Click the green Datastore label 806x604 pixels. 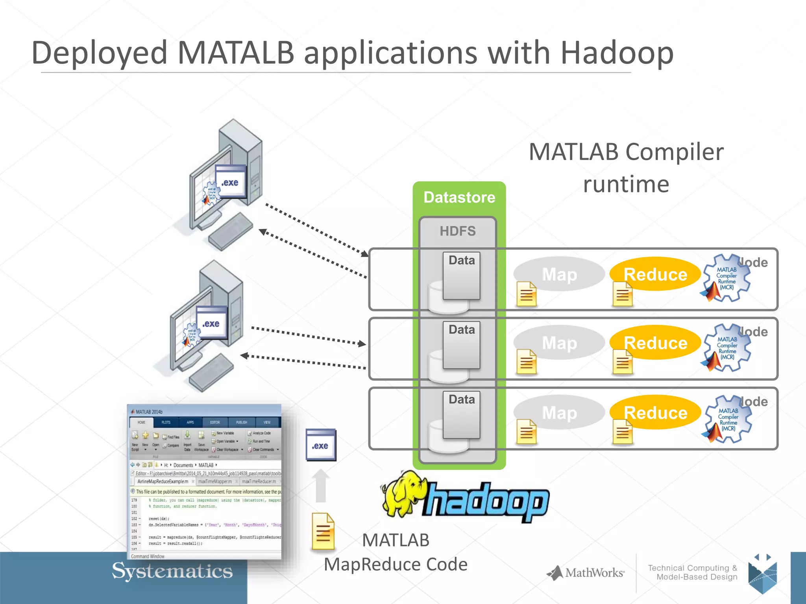pyautogui.click(x=459, y=197)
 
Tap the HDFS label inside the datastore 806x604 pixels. pyautogui.click(x=457, y=231)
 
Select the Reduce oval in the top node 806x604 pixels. pyautogui.click(x=655, y=274)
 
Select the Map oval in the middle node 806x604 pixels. pyautogui.click(x=559, y=343)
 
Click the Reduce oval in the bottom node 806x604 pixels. pyautogui.click(x=655, y=412)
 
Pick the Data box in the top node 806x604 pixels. pyautogui.click(x=461, y=276)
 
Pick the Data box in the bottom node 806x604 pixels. pyautogui.click(x=461, y=414)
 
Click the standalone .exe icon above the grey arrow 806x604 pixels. pyautogui.click(x=321, y=445)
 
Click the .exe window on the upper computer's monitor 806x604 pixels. pyautogui.click(x=230, y=182)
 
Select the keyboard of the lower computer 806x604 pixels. pyautogui.click(x=211, y=372)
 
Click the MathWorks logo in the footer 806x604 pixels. pyautogui.click(x=586, y=573)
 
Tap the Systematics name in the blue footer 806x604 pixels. pyautogui.click(x=172, y=571)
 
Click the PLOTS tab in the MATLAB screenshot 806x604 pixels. pyautogui.click(x=166, y=422)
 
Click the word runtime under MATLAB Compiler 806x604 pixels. pyautogui.click(x=626, y=184)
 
